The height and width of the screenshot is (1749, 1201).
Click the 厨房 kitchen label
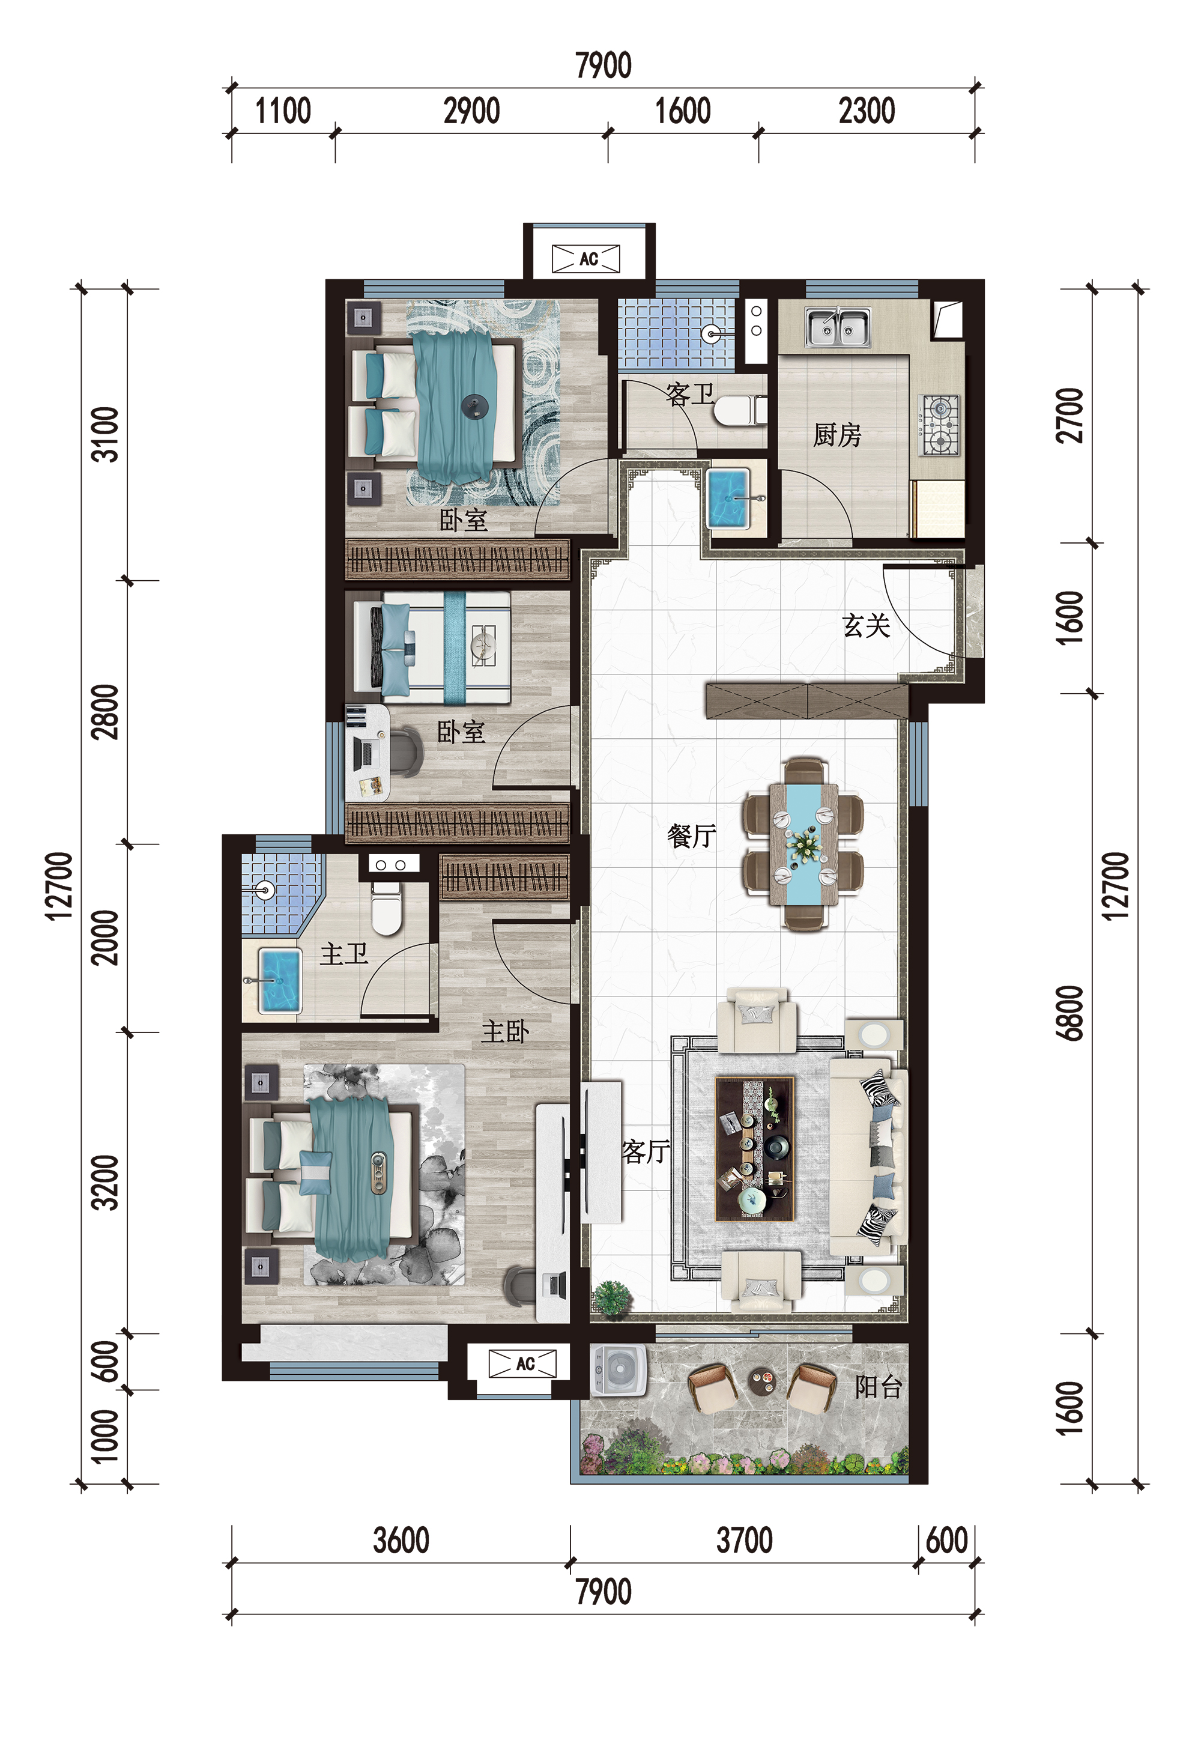(x=836, y=435)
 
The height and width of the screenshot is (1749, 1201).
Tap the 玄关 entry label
(x=866, y=625)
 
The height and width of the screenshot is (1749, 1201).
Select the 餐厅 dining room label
(x=691, y=835)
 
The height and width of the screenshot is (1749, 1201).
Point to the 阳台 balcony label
(x=878, y=1386)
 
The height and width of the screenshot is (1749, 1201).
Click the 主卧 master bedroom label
(x=505, y=1031)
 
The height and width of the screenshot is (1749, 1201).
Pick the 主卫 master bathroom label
(x=344, y=954)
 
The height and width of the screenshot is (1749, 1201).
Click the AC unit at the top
(x=586, y=259)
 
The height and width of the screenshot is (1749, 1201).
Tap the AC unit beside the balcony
(x=523, y=1363)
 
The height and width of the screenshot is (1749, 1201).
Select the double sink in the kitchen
(x=838, y=327)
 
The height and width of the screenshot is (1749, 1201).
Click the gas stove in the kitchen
(x=939, y=425)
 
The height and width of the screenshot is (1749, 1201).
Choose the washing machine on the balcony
(x=619, y=1369)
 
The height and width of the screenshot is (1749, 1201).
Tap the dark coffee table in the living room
(x=755, y=1148)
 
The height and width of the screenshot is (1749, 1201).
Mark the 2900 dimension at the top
(x=472, y=111)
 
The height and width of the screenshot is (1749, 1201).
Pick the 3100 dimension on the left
(x=104, y=434)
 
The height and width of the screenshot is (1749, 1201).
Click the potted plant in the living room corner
(x=613, y=1298)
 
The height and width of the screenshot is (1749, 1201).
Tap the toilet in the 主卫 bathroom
(x=387, y=908)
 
